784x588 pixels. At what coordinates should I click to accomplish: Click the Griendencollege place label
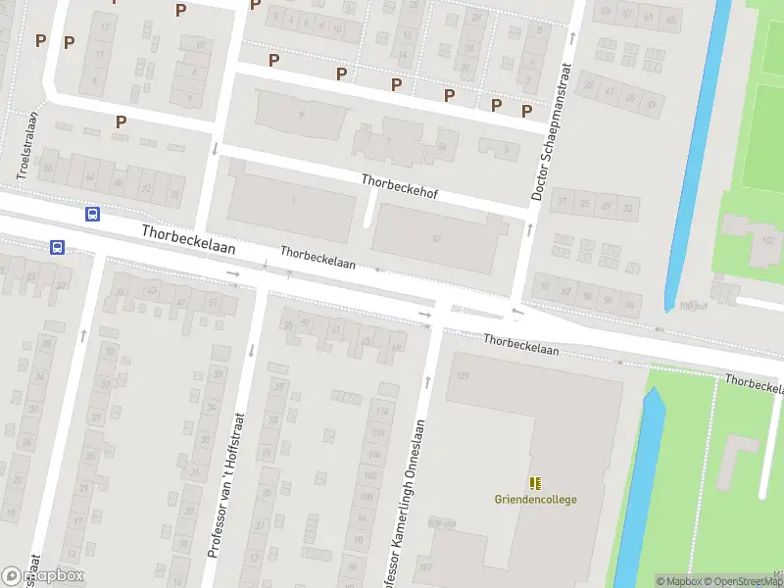point(535,500)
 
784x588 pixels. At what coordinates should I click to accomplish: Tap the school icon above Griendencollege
point(535,483)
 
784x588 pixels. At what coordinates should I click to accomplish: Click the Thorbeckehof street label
point(399,187)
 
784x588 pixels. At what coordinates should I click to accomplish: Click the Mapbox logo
point(43,575)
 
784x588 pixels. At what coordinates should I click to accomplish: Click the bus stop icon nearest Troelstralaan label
point(93,215)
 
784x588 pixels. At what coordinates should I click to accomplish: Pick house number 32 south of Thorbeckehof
point(435,238)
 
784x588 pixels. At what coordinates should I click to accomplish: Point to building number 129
point(464,375)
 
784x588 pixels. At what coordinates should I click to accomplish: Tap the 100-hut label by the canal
point(693,306)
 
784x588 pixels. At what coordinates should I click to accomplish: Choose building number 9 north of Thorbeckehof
point(302,115)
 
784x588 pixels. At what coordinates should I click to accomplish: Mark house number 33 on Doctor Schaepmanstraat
point(630,206)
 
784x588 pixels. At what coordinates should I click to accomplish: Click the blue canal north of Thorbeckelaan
point(697,147)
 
